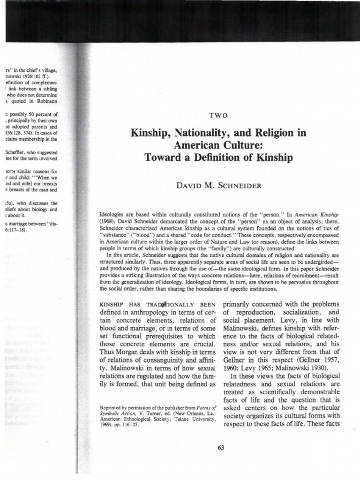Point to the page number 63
(221, 447)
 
